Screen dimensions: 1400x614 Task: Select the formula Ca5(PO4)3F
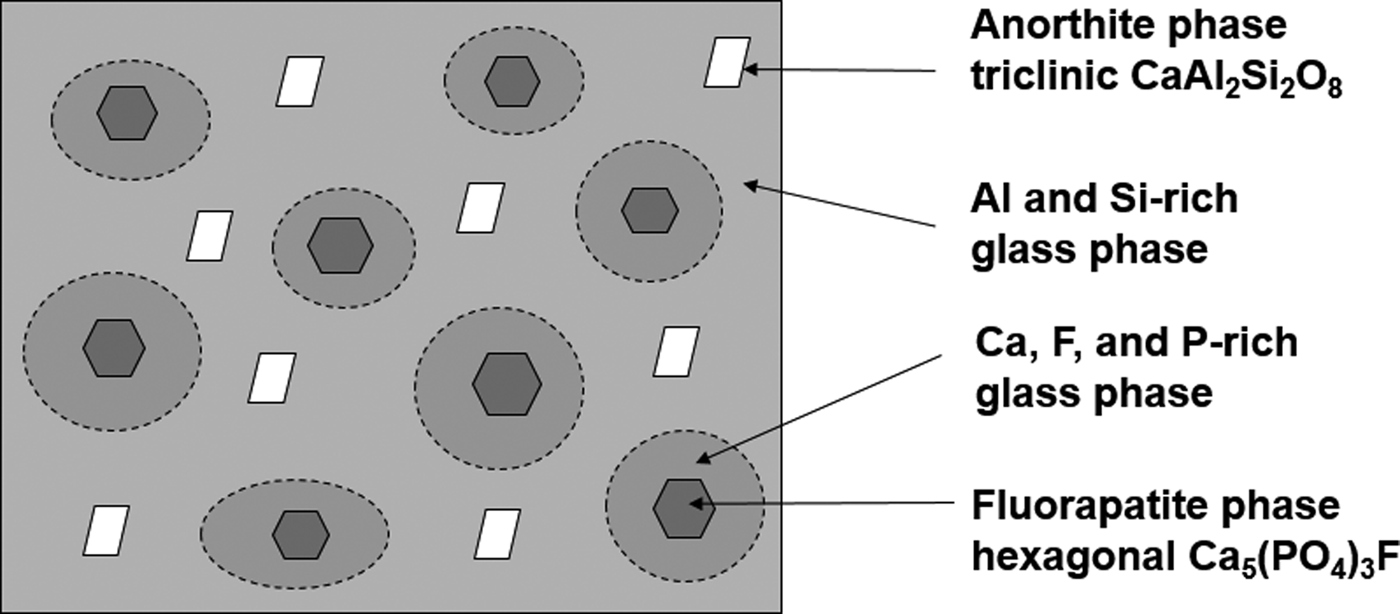click(1288, 559)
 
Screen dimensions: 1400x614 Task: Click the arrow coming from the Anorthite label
click(839, 70)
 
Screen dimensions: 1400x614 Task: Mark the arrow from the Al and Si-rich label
click(839, 204)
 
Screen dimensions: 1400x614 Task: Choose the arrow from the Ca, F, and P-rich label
click(819, 409)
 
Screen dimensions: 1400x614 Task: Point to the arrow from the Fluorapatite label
click(821, 503)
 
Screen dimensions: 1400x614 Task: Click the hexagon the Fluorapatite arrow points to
click(684, 508)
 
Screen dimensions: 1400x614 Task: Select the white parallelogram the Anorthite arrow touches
click(728, 62)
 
